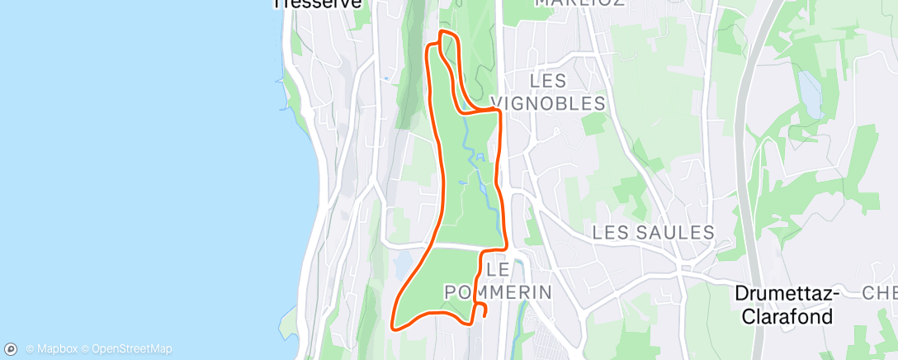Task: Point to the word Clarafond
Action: (787, 317)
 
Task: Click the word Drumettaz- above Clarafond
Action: (787, 295)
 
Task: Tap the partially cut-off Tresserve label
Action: (318, 4)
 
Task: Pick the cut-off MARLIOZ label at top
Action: (577, 3)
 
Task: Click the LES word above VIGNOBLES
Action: (548, 81)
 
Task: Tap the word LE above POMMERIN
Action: (498, 269)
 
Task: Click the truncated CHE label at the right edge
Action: (880, 294)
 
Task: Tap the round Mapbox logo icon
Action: (12, 348)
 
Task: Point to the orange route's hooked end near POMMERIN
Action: (484, 311)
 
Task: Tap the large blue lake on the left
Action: (132, 165)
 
